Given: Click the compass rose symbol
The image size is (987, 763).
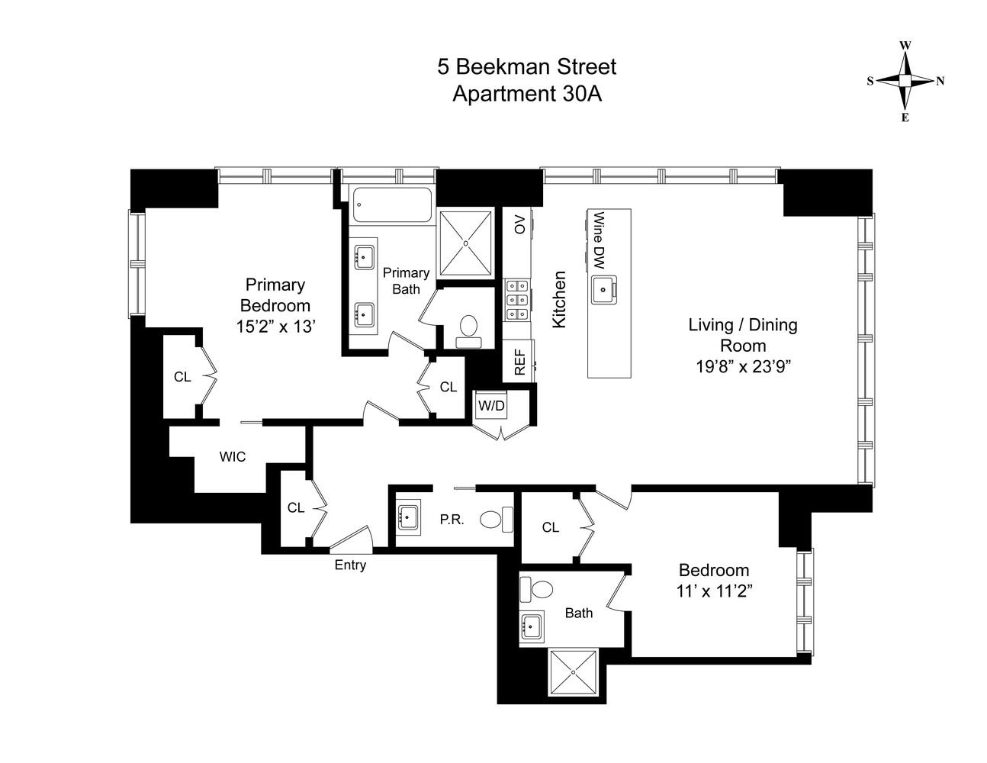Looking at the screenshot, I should point(905,81).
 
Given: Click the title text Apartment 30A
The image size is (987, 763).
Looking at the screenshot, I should point(526,94).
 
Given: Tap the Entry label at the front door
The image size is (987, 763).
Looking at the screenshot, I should point(350,565).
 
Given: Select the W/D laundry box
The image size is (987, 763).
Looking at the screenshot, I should point(491,405).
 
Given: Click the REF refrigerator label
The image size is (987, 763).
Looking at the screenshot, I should point(519,361).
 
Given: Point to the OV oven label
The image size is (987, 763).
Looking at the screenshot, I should point(519,224).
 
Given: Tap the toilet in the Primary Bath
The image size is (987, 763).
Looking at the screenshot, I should point(468,329).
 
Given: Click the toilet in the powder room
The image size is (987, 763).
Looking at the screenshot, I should point(495,520).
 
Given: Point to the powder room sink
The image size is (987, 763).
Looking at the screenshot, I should point(408,517).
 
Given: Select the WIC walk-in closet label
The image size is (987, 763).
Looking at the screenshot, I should point(233,457).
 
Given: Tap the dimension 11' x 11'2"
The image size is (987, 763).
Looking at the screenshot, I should point(714,591).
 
